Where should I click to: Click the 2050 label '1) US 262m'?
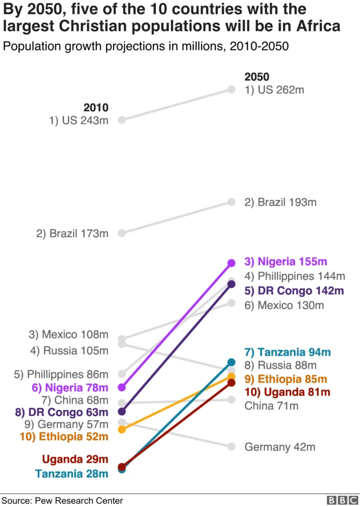pos(274,90)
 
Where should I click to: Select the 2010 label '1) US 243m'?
pos(78,120)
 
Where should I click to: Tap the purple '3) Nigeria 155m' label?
pos(285,261)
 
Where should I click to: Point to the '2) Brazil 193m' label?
pos(280,202)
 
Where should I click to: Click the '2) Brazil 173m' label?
pos(72,233)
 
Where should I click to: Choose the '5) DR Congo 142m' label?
pos(294,291)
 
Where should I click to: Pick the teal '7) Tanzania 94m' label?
pos(287,353)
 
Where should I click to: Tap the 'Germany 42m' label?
pos(280,448)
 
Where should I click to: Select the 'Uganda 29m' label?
pos(75,459)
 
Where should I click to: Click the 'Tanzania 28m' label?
pos(71,474)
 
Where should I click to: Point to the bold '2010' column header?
pos(96,107)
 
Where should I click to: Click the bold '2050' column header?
pos(256,77)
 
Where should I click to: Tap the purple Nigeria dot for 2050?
pos(231,263)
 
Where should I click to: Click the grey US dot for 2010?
pos(121,119)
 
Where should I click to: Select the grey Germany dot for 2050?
pos(231,446)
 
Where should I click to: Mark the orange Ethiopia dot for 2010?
pos(121,430)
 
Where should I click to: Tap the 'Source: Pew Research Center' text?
pos(62,500)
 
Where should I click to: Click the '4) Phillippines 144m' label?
pos(294,276)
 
